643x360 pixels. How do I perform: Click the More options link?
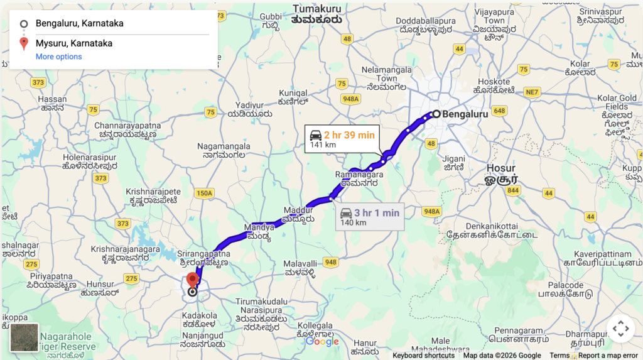(58, 57)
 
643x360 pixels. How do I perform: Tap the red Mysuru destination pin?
(193, 280)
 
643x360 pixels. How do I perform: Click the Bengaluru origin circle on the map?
(436, 114)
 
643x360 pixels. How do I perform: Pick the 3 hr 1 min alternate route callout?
(370, 217)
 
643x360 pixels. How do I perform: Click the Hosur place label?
(501, 168)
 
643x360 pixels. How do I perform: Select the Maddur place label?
(298, 209)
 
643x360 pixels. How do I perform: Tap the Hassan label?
(52, 99)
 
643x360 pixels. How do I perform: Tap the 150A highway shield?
(204, 193)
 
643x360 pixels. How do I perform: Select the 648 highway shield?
(499, 111)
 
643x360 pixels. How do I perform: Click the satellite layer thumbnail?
(24, 337)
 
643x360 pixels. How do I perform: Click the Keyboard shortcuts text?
(423, 356)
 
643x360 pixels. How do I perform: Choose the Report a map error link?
(608, 356)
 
